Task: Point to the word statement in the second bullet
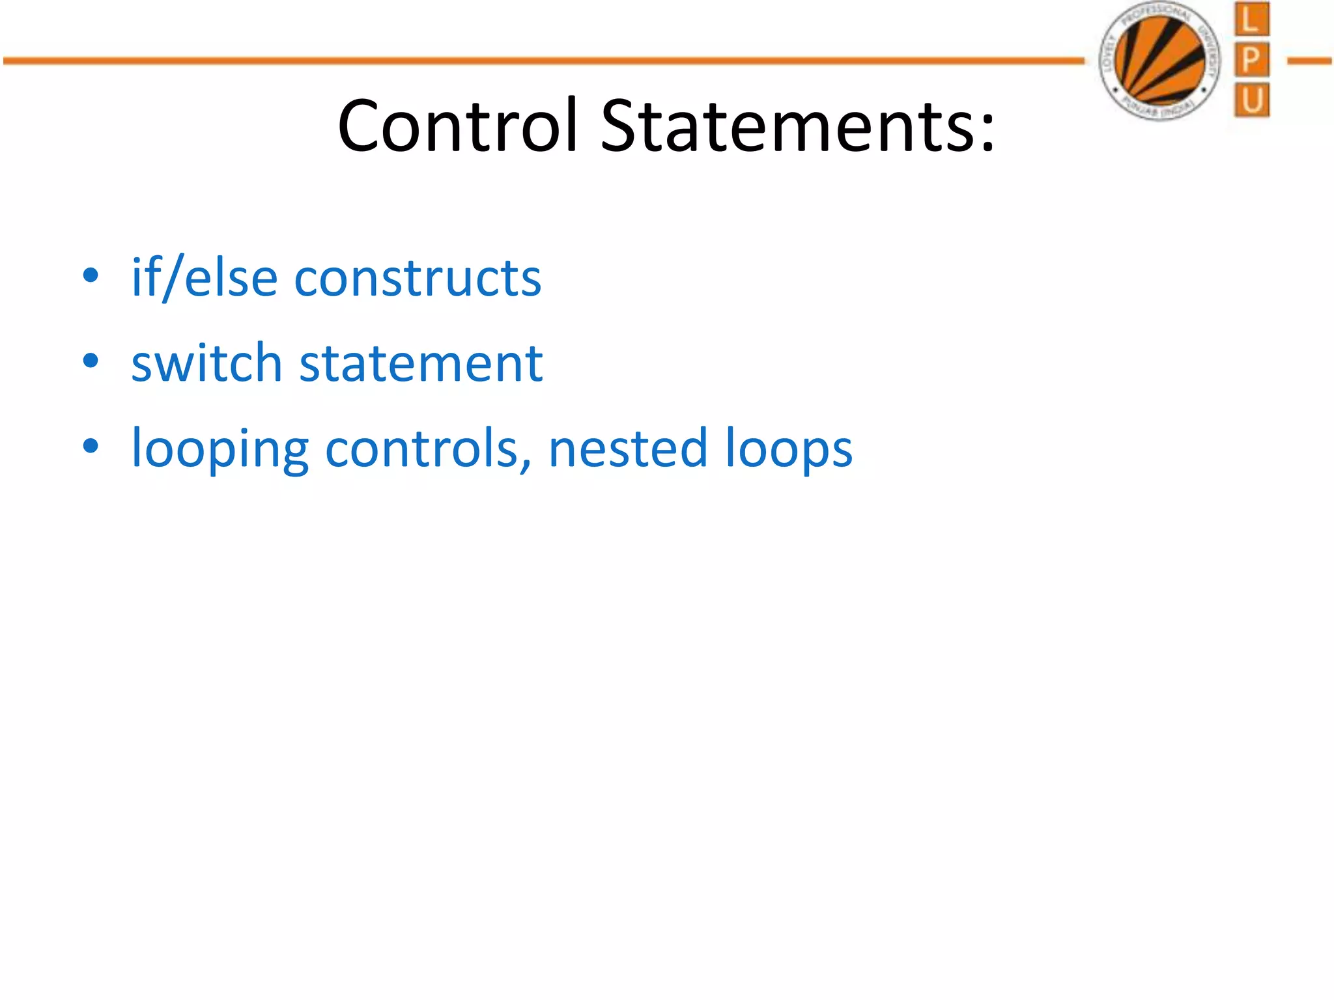[x=421, y=363]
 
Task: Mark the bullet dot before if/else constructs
[x=91, y=275]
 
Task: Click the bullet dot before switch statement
[x=91, y=361]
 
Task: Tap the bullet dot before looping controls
[x=91, y=446]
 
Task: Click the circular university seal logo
[x=1160, y=61]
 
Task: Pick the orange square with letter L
[x=1251, y=20]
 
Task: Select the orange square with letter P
[x=1251, y=61]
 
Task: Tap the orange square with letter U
[x=1251, y=101]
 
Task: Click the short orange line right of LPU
[x=1309, y=61]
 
